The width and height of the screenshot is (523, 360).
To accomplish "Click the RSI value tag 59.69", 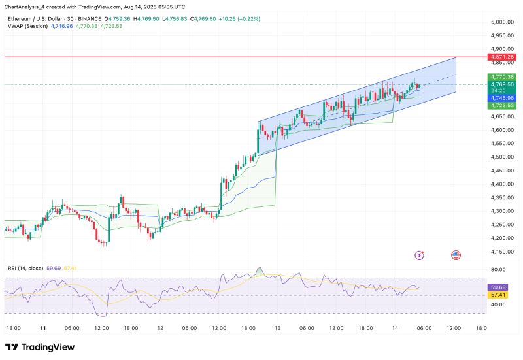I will coord(499,287).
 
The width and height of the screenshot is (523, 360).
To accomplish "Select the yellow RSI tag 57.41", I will coord(499,295).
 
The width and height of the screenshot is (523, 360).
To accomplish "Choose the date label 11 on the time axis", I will coord(42,327).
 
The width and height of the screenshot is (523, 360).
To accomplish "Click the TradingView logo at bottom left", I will coord(40,347).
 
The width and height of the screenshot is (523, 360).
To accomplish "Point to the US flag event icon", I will coord(456,255).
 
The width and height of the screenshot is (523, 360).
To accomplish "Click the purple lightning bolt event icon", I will coord(420,255).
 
